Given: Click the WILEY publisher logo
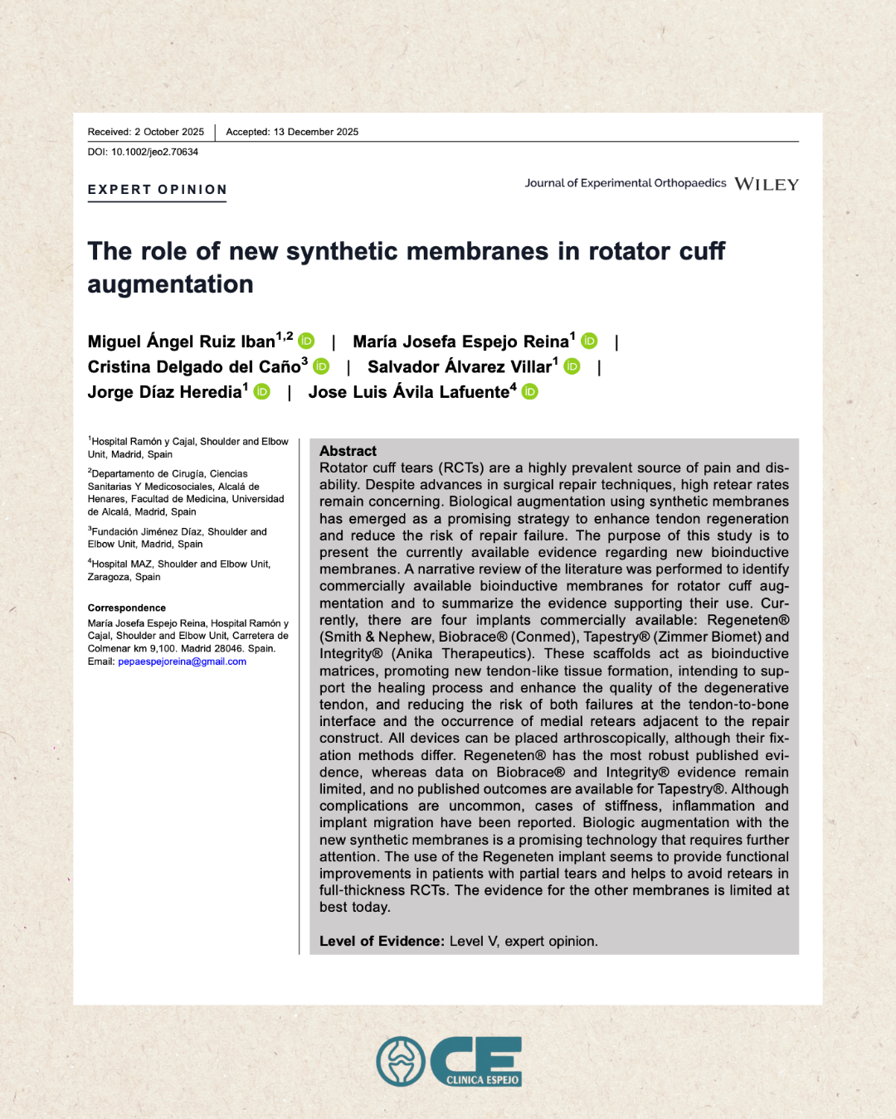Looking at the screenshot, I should pyautogui.click(x=766, y=184).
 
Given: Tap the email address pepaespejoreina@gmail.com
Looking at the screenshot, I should pyautogui.click(x=182, y=661).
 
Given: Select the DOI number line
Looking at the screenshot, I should pyautogui.click(x=143, y=153).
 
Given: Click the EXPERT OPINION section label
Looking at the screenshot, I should pyautogui.click(x=157, y=190).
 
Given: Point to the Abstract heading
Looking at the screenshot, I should pyautogui.click(x=348, y=451).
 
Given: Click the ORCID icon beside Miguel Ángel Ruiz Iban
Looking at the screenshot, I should pyautogui.click(x=306, y=341).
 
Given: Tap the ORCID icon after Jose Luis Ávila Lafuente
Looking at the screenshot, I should pyautogui.click(x=529, y=391).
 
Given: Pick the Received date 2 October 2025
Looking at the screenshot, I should pyautogui.click(x=146, y=132).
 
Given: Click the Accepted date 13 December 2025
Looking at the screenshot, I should pyautogui.click(x=292, y=132).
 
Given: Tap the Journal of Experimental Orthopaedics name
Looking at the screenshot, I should pyautogui.click(x=625, y=183).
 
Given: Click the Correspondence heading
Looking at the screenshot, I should pyautogui.click(x=127, y=608).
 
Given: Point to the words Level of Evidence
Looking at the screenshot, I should pyautogui.click(x=382, y=942).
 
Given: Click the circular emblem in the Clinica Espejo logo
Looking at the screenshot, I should pyautogui.click(x=401, y=1062).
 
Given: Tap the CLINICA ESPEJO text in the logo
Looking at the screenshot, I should pyautogui.click(x=482, y=1079).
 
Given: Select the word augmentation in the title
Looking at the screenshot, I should pyautogui.click(x=170, y=284).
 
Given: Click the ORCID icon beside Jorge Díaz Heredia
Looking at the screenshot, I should pyautogui.click(x=261, y=391).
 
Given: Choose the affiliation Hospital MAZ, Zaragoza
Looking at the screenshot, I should pyautogui.click(x=179, y=570).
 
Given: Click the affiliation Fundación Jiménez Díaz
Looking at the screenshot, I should pyautogui.click(x=178, y=538).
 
